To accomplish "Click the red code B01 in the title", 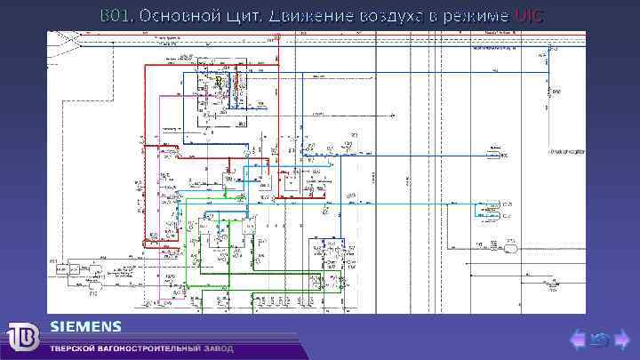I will (x=113, y=16).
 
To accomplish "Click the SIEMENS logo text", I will (x=85, y=324).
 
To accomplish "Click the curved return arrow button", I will (x=600, y=338).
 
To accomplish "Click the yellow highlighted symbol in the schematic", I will (x=218, y=82).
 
